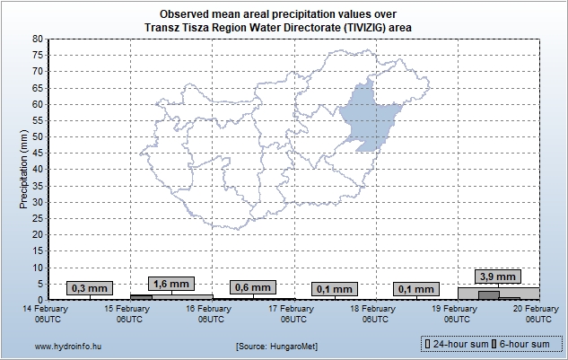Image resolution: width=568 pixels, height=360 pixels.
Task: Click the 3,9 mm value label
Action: [498, 277]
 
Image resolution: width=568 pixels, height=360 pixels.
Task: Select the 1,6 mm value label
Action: [170, 284]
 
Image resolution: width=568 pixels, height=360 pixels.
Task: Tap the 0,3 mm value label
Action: [89, 288]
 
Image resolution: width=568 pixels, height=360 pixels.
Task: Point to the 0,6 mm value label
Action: [252, 287]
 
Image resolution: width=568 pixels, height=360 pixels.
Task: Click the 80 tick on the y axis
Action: [37, 39]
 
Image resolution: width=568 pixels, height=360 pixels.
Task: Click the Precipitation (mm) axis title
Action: [23, 169]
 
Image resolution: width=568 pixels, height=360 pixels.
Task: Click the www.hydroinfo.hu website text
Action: [67, 346]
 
